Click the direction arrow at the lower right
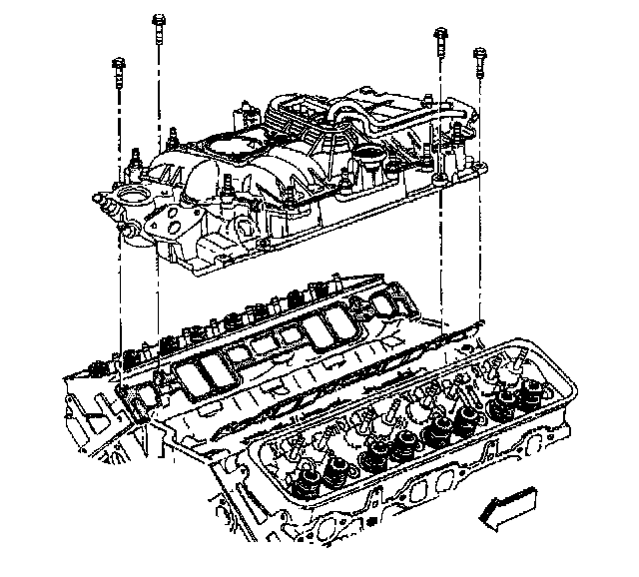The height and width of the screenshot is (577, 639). point(511,503)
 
